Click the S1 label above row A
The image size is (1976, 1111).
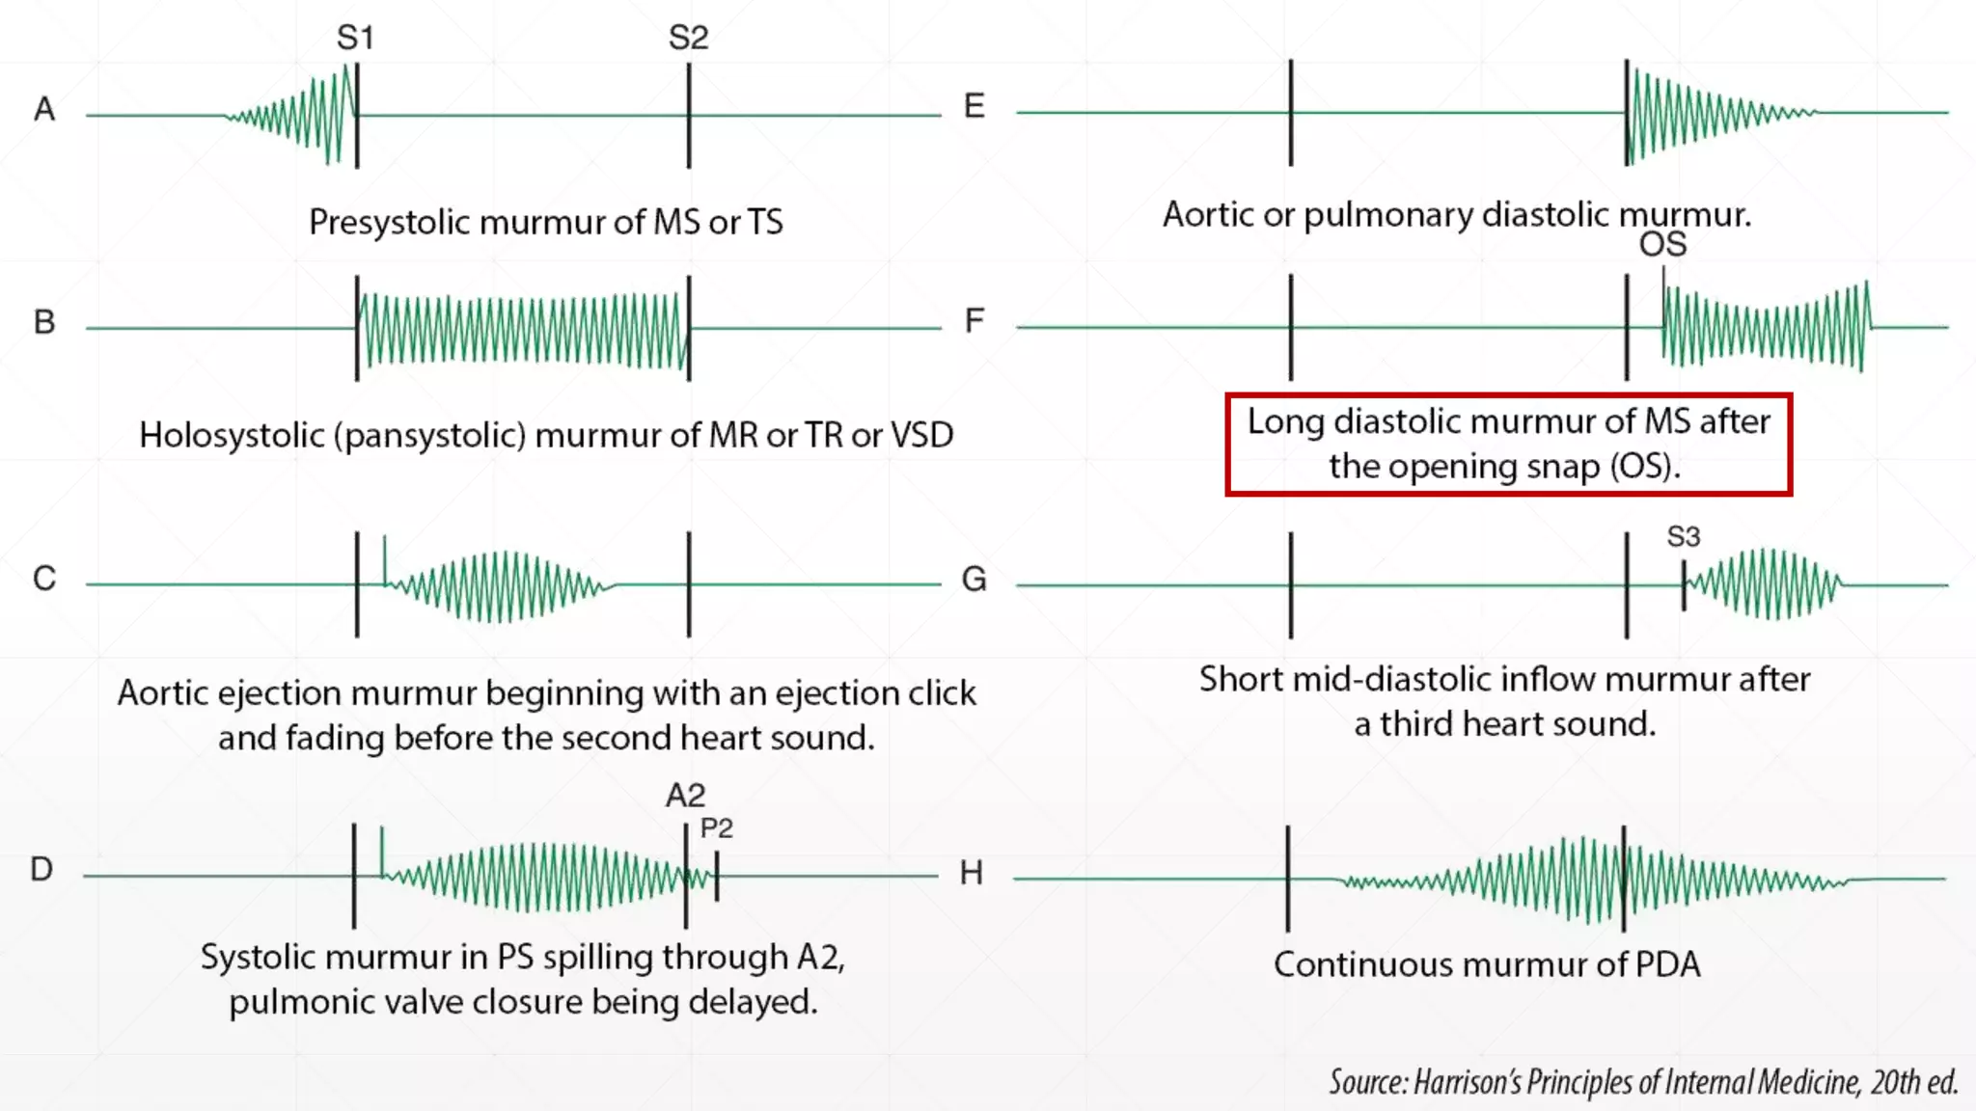pos(355,38)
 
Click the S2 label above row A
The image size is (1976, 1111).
pos(688,38)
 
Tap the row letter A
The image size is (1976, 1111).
pos(44,109)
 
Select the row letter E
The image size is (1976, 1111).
pos(974,105)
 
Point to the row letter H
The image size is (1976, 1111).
pos(971,873)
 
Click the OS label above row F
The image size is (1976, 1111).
pos(1662,244)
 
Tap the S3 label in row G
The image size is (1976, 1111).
pos(1684,536)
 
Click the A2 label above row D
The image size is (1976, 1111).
pos(685,796)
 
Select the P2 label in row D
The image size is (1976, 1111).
pos(717,828)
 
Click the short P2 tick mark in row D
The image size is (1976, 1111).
pos(717,876)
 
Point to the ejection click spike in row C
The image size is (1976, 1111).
pos(385,559)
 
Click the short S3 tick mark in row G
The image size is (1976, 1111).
pos(1684,584)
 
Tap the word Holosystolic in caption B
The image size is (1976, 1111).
pos(232,435)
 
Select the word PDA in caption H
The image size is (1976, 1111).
pos(1667,964)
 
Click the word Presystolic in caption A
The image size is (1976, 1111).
pos(389,222)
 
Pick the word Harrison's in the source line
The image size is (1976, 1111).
pos(1467,1083)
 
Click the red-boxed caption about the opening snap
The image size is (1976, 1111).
pos(1508,444)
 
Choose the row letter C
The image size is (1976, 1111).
pos(44,579)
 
